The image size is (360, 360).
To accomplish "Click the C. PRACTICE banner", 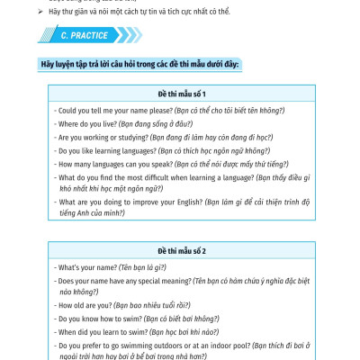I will (86, 36).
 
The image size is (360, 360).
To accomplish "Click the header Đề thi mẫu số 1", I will (181, 94).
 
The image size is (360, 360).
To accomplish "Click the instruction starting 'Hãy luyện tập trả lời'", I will (139, 65).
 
